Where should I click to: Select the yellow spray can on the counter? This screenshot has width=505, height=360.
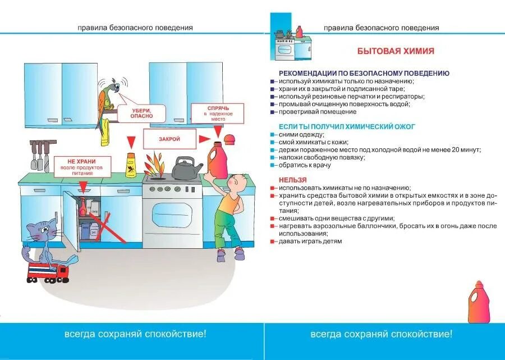click(131, 165)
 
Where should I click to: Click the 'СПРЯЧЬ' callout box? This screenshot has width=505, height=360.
click(218, 113)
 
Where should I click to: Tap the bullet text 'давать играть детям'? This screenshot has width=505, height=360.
click(310, 241)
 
